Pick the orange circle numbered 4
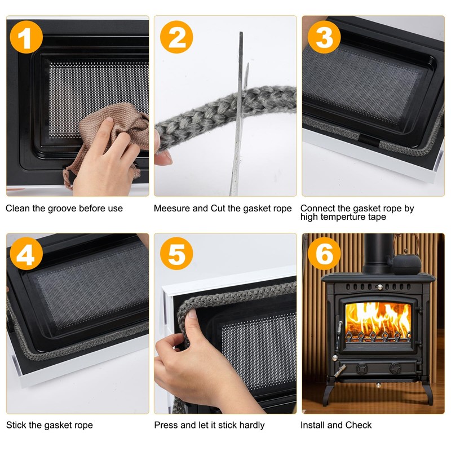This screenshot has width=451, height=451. tap(25, 255)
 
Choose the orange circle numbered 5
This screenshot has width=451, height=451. tap(176, 255)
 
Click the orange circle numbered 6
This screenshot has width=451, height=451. tap(324, 255)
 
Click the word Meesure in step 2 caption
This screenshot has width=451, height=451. tap(173, 209)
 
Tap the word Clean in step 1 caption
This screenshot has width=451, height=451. tap(17, 209)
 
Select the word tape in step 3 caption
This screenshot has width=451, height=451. tap(377, 217)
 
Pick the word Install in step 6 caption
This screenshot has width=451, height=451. tap(313, 425)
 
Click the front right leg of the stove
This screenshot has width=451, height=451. tap(427, 391)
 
